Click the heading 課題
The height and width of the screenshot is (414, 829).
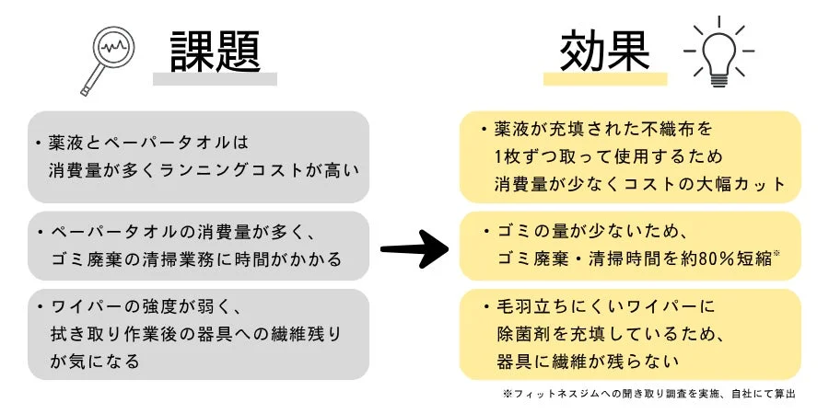(x=215, y=52)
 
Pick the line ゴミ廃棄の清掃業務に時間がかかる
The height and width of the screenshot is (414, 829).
(x=195, y=259)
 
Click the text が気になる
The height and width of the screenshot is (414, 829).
(x=95, y=361)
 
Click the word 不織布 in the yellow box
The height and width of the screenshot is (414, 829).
(x=679, y=129)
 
